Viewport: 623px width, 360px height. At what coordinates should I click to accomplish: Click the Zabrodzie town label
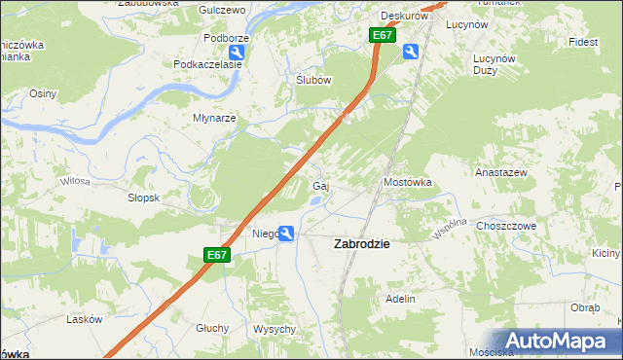[x=362, y=244]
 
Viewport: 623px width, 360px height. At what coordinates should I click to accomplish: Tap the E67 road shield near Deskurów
[x=383, y=35]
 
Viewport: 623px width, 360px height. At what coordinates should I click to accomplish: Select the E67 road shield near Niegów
[x=218, y=255]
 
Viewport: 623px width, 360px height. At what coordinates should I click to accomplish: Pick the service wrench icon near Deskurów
[x=412, y=53]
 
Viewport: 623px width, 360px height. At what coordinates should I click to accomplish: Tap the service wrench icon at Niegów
[x=287, y=233]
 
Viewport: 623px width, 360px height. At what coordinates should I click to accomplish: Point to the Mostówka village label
[x=407, y=182]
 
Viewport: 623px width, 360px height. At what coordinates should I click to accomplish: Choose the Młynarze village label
[x=215, y=118]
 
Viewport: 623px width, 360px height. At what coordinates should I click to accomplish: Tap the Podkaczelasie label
[x=207, y=64]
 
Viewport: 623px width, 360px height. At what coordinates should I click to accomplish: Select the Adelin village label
[x=401, y=299]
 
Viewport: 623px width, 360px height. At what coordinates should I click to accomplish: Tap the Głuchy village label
[x=211, y=328]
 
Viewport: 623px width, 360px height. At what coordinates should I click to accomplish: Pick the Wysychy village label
[x=274, y=329]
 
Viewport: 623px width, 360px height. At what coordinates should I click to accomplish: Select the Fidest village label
[x=583, y=43]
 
